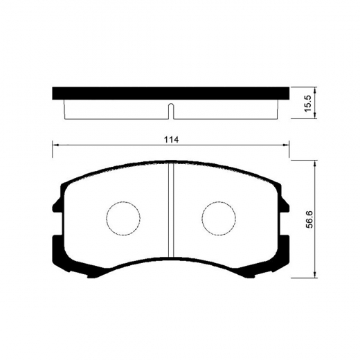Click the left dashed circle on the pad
[123, 218]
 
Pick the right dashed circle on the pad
[219, 218]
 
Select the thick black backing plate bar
[171, 92]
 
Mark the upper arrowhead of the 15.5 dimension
[315, 90]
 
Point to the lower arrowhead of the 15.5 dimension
[315, 117]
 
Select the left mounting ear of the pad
[55, 204]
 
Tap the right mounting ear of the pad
[287, 204]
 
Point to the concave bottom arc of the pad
[171, 262]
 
